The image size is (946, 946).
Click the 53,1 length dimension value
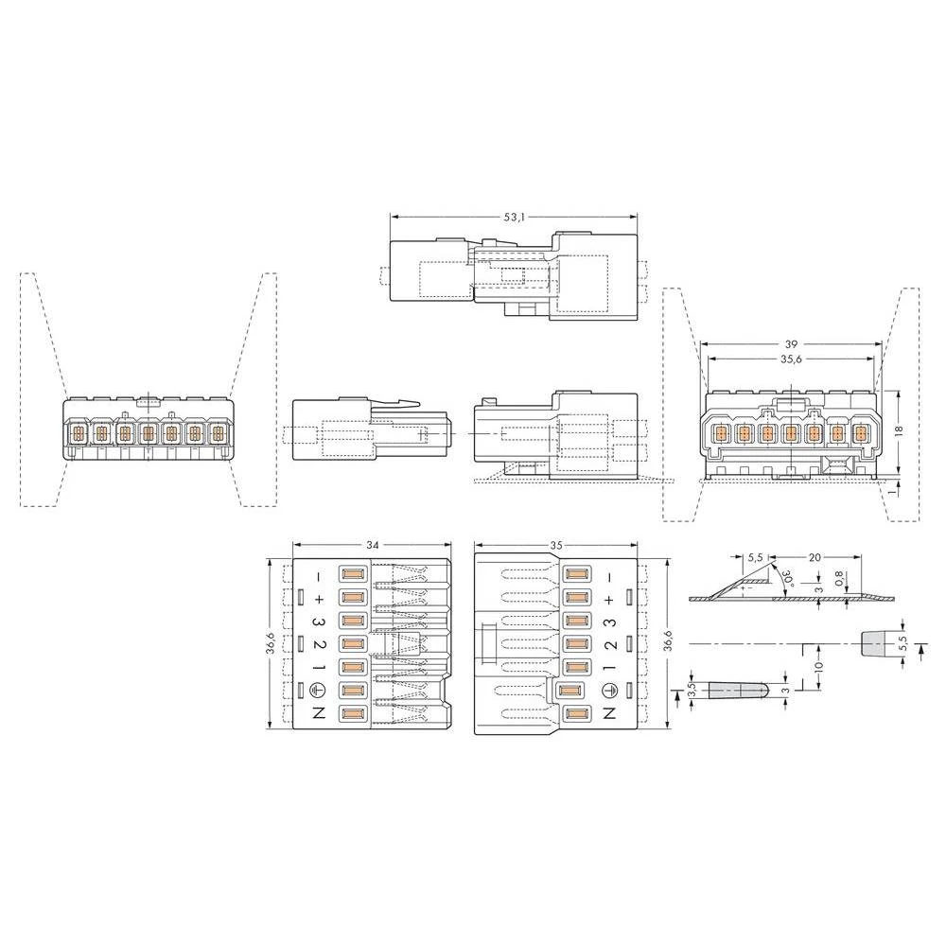(x=514, y=217)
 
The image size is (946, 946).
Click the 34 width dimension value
(x=372, y=546)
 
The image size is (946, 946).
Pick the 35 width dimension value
(x=556, y=546)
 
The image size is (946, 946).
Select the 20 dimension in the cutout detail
(x=815, y=557)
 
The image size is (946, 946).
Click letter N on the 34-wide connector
(x=320, y=714)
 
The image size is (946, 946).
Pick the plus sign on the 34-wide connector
(x=320, y=599)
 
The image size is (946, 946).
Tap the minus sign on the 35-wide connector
(x=609, y=576)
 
